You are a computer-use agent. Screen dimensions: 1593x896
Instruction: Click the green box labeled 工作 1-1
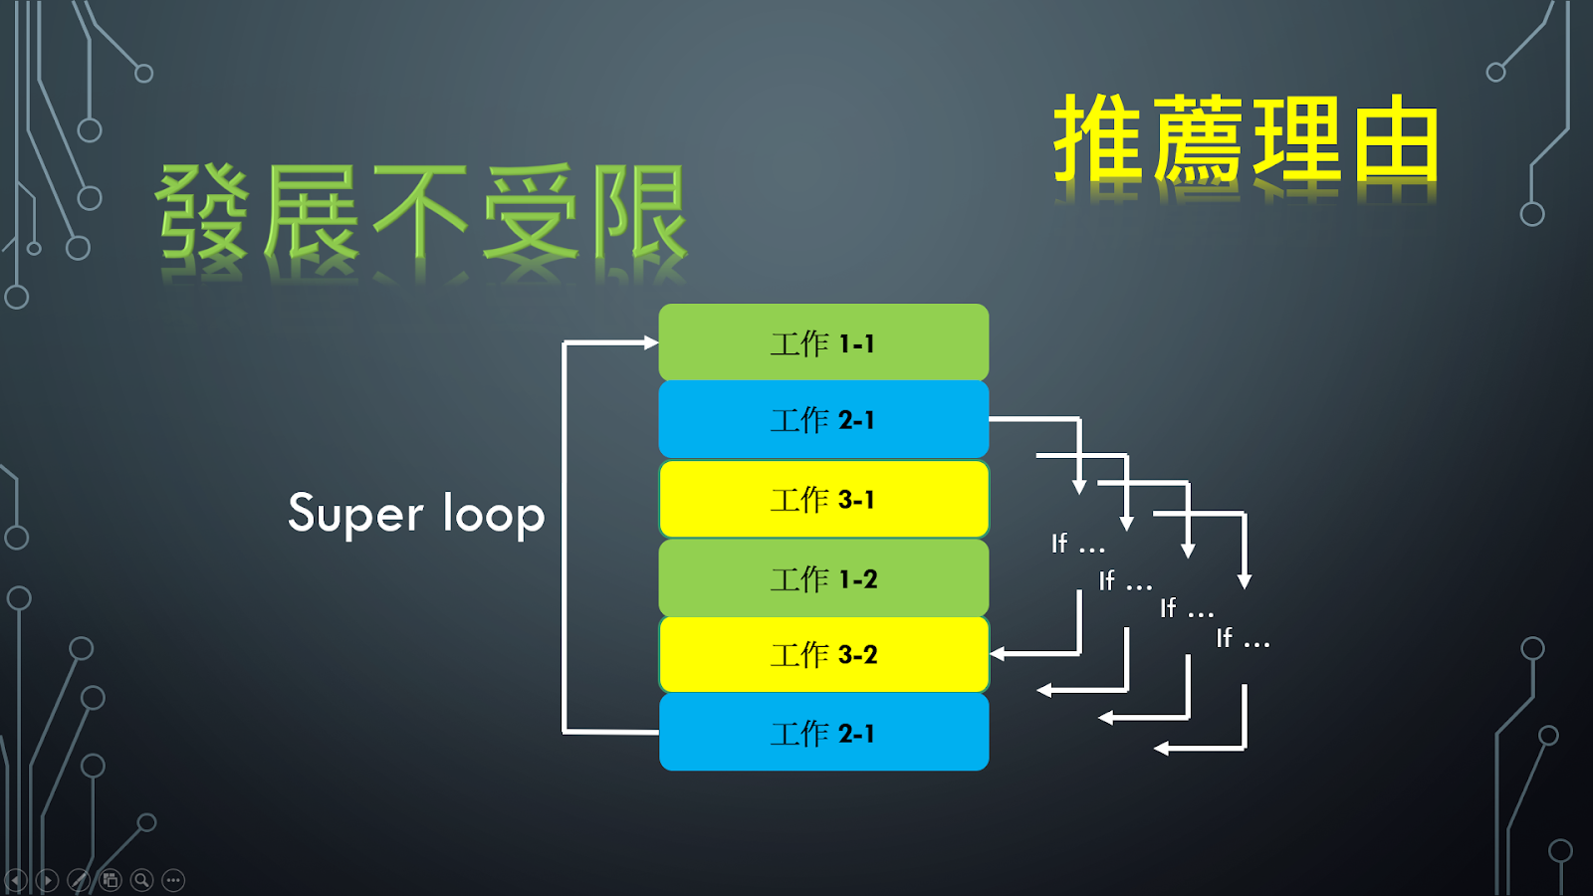(823, 342)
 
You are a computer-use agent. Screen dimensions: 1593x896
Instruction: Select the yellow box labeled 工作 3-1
(823, 499)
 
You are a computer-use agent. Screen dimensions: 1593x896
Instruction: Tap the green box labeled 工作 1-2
(823, 578)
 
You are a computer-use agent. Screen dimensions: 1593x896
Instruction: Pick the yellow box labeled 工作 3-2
(823, 654)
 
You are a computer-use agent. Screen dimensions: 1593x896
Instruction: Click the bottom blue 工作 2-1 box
(823, 733)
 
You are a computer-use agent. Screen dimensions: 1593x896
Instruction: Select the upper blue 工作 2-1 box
(823, 419)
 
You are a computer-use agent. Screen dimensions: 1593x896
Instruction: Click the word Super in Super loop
(355, 514)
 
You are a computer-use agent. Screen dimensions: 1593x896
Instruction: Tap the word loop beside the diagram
(494, 514)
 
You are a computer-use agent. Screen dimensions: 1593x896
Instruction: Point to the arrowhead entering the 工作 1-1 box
(651, 342)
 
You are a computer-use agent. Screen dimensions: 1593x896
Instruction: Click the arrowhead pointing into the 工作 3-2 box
(997, 653)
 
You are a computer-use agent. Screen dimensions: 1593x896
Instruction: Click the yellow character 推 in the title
(1099, 138)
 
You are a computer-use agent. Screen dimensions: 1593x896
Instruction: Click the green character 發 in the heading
(202, 212)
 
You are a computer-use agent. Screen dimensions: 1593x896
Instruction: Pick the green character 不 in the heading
(419, 212)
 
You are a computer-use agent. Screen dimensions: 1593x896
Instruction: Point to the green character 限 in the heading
(640, 212)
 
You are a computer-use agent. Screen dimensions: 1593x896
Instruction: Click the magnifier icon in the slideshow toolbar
(141, 880)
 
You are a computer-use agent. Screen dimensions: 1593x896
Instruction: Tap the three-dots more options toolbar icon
(173, 880)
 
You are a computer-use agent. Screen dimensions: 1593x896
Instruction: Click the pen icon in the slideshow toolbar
(79, 880)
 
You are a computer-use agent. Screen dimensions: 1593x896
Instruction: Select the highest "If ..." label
(1078, 544)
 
